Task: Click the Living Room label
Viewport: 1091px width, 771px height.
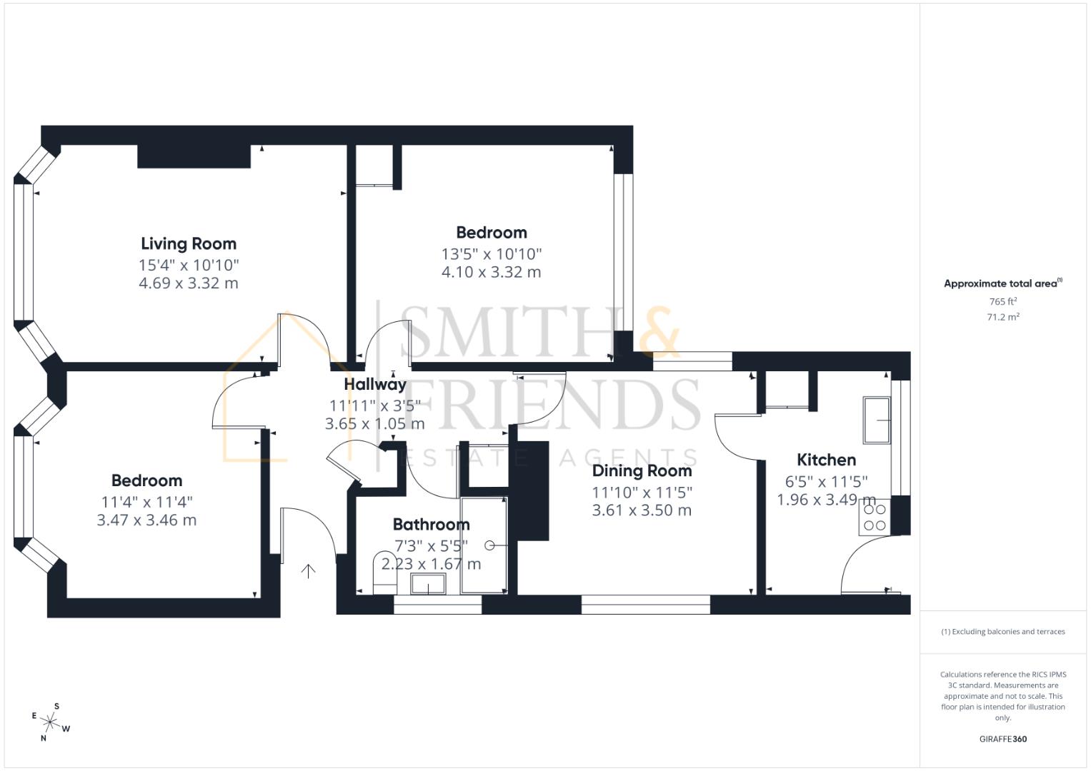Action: [189, 243]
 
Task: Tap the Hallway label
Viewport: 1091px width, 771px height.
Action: [375, 384]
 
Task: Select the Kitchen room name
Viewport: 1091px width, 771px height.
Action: [826, 460]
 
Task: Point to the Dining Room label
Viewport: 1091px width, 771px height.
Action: [642, 470]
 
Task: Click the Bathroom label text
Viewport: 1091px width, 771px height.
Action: [431, 525]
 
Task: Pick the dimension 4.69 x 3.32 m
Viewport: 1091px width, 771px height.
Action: [189, 283]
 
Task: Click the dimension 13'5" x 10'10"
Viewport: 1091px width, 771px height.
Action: [492, 253]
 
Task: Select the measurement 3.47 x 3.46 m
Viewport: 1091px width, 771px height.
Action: [146, 520]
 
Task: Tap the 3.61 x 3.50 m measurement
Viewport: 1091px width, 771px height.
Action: [642, 510]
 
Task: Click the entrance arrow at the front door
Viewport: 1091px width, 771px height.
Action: [308, 570]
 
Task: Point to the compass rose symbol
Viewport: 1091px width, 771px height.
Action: [51, 722]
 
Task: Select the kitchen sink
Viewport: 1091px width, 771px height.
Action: [877, 420]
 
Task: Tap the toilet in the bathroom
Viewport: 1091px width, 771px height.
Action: [384, 571]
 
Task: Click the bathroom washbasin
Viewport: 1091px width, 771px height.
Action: [428, 585]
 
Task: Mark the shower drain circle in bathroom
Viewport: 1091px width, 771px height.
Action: [489, 545]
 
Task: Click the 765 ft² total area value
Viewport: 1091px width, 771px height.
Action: [1002, 302]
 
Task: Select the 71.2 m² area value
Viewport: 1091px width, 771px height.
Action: [1002, 318]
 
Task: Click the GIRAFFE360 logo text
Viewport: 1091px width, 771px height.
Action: [1002, 739]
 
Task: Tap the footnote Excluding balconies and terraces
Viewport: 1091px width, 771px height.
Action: [1002, 632]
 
